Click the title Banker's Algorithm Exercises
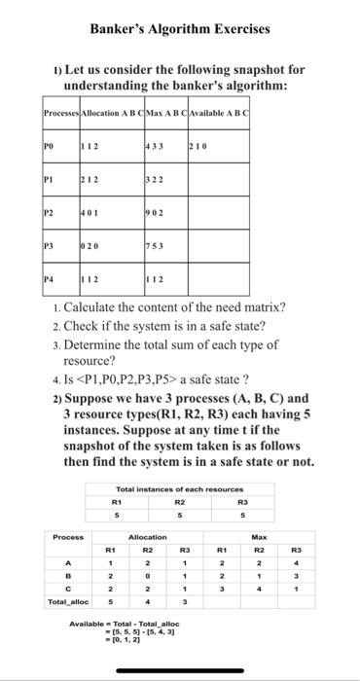pos(180,29)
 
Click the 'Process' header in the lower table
pos(69,537)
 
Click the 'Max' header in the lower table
pos(260,537)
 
